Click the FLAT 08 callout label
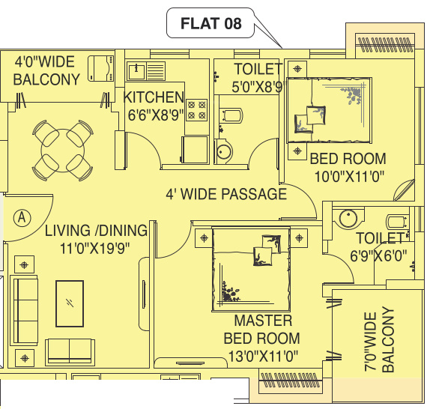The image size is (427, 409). click(x=211, y=23)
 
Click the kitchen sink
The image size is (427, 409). click(x=137, y=71)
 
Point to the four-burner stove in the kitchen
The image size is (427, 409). click(x=196, y=110)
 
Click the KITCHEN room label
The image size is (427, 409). click(x=154, y=97)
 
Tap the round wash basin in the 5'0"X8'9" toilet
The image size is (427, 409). click(x=225, y=153)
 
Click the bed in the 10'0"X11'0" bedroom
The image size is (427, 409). click(x=327, y=109)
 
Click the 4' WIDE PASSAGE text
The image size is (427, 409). click(x=226, y=195)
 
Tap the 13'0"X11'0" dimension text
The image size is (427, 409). click(x=261, y=355)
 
